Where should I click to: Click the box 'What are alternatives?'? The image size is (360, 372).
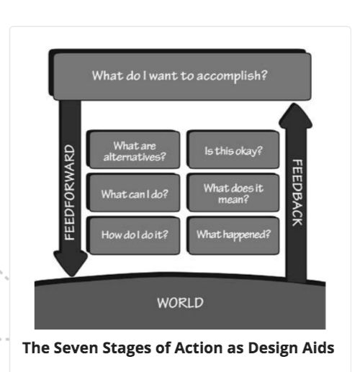(x=133, y=150)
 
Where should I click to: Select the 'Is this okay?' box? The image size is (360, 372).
(x=233, y=150)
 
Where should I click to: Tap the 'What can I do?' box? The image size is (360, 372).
(x=133, y=193)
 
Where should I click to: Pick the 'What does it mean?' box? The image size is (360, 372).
(x=233, y=193)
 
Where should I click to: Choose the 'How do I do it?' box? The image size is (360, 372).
(x=133, y=235)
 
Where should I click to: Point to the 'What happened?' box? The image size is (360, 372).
(x=233, y=235)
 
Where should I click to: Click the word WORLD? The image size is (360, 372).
(x=180, y=303)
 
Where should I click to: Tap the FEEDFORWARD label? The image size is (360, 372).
(x=70, y=192)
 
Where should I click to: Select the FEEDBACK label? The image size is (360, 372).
(x=297, y=193)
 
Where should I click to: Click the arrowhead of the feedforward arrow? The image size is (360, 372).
(x=71, y=263)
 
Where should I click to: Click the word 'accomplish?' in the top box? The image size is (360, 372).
(x=232, y=76)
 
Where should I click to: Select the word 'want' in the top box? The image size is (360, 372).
(x=163, y=76)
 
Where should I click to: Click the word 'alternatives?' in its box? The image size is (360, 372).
(x=135, y=157)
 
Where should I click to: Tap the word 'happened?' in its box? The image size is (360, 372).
(x=247, y=235)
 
